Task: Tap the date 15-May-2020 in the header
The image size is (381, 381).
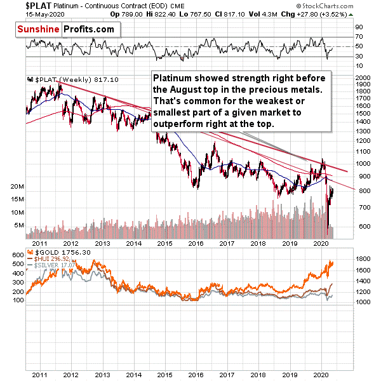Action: tap(20, 14)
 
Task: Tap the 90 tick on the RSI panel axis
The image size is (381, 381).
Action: tap(358, 27)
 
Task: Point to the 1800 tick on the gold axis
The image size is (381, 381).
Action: tap(363, 259)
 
